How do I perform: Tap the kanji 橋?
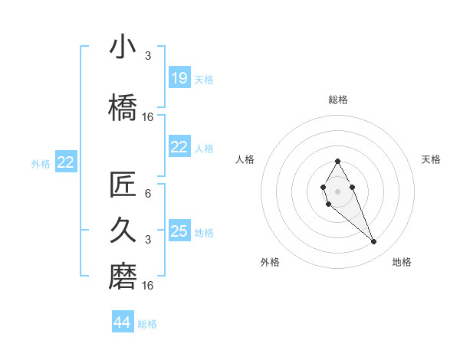pos(123,107)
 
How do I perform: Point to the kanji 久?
pos(123,229)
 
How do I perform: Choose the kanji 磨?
pos(123,277)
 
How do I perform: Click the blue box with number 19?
pos(179,78)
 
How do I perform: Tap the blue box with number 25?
pos(179,231)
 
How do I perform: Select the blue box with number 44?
pos(123,322)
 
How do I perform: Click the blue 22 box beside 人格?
pos(179,147)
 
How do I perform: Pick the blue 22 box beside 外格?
pos(66,162)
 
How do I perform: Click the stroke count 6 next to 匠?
pos(147,194)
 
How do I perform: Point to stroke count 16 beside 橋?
pos(149,117)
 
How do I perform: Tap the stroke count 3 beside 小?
pos(147,55)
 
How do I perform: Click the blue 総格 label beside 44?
pos(147,324)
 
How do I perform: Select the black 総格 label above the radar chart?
pos(338,100)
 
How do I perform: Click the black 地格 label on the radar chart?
pos(402,262)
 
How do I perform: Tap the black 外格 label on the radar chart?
pos(270,262)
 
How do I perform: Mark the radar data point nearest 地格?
pos(373,242)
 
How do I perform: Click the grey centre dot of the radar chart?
pos(337,191)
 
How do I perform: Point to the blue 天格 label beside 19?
pos(204,80)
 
